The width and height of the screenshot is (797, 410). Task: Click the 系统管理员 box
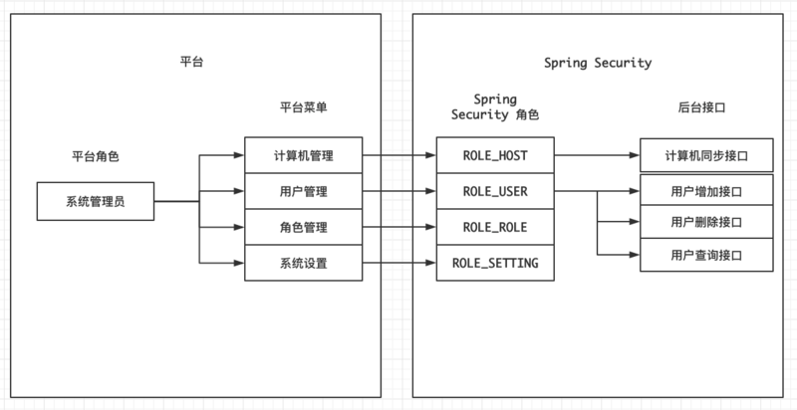tap(96, 202)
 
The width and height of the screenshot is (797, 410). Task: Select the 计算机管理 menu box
tap(302, 156)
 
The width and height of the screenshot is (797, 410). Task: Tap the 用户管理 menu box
tap(302, 191)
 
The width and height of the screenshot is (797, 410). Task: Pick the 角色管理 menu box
tap(302, 227)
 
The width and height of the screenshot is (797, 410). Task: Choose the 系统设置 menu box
tap(302, 263)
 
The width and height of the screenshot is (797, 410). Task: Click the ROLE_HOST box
tap(495, 156)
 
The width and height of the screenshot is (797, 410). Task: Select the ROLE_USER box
tap(495, 191)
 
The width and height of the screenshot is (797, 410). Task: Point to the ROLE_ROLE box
tap(495, 227)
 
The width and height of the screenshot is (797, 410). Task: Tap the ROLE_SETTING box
tap(495, 263)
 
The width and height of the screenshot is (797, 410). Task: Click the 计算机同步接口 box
tap(706, 156)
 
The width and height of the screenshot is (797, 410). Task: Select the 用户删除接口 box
tap(706, 222)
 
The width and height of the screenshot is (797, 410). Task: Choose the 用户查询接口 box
tap(706, 256)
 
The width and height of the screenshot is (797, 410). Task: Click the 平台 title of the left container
tap(191, 63)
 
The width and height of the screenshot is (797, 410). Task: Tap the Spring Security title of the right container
tap(598, 63)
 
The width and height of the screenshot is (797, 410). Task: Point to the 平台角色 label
tap(96, 156)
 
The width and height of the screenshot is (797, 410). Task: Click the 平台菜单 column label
tap(302, 106)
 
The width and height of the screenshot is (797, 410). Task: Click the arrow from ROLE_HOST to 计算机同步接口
tap(596, 156)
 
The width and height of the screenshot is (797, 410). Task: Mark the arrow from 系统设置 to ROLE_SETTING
tap(398, 263)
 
